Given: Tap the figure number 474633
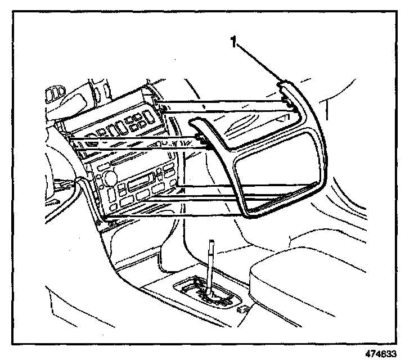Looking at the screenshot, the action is coord(385,354).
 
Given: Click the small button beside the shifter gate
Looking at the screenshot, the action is coord(243,309).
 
